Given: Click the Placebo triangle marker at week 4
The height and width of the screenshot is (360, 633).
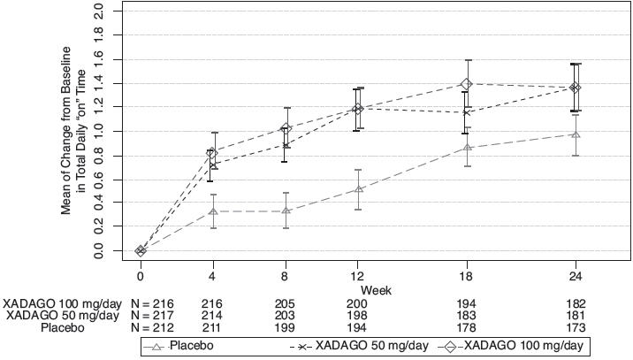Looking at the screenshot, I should pyautogui.click(x=212, y=211).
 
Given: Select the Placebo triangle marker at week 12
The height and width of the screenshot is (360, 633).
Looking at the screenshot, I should pyautogui.click(x=358, y=188).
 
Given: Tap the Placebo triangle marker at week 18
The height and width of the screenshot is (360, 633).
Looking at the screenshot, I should pyautogui.click(x=467, y=147).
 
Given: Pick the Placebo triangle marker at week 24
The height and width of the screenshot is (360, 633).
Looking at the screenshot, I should pyautogui.click(x=576, y=134).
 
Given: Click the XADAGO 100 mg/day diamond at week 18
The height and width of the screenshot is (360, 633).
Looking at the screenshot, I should pyautogui.click(x=467, y=84).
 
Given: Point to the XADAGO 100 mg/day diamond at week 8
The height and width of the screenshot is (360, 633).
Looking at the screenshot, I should pyautogui.click(x=285, y=129).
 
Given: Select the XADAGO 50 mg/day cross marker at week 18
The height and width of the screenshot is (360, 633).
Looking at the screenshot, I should pyautogui.click(x=467, y=112).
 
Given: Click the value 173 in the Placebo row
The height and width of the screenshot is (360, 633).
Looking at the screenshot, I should pyautogui.click(x=576, y=326).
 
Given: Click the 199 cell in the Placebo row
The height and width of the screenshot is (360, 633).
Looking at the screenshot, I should pyautogui.click(x=285, y=326).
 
